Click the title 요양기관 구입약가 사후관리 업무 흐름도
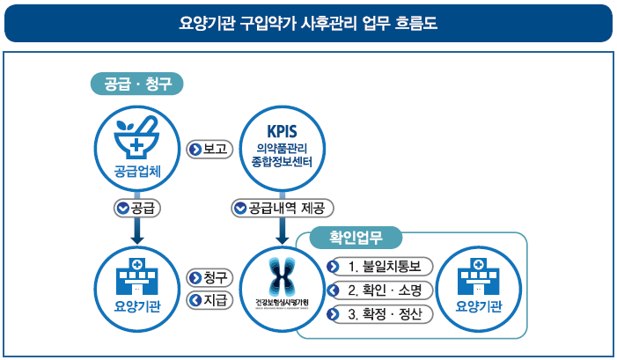(308, 24)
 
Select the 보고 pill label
(209, 149)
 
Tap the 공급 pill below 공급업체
(136, 209)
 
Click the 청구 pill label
(209, 277)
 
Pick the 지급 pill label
(209, 299)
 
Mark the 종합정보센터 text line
(282, 163)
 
